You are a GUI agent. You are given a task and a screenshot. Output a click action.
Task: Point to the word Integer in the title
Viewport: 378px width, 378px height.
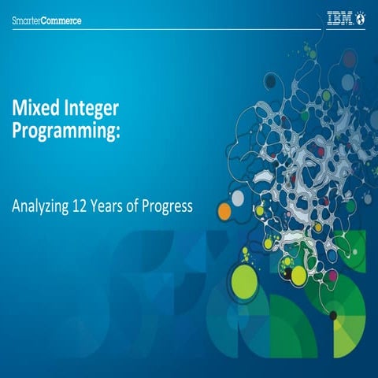(94, 107)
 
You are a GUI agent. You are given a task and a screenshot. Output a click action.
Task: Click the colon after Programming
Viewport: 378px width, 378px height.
(119, 131)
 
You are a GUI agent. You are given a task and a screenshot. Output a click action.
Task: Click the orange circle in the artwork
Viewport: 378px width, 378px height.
(224, 211)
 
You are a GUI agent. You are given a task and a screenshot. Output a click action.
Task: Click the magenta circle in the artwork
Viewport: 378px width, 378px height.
(332, 275)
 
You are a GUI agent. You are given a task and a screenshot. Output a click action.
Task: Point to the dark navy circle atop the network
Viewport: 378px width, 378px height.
(271, 80)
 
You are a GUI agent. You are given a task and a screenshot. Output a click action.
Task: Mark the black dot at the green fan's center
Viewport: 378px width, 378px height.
(333, 316)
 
